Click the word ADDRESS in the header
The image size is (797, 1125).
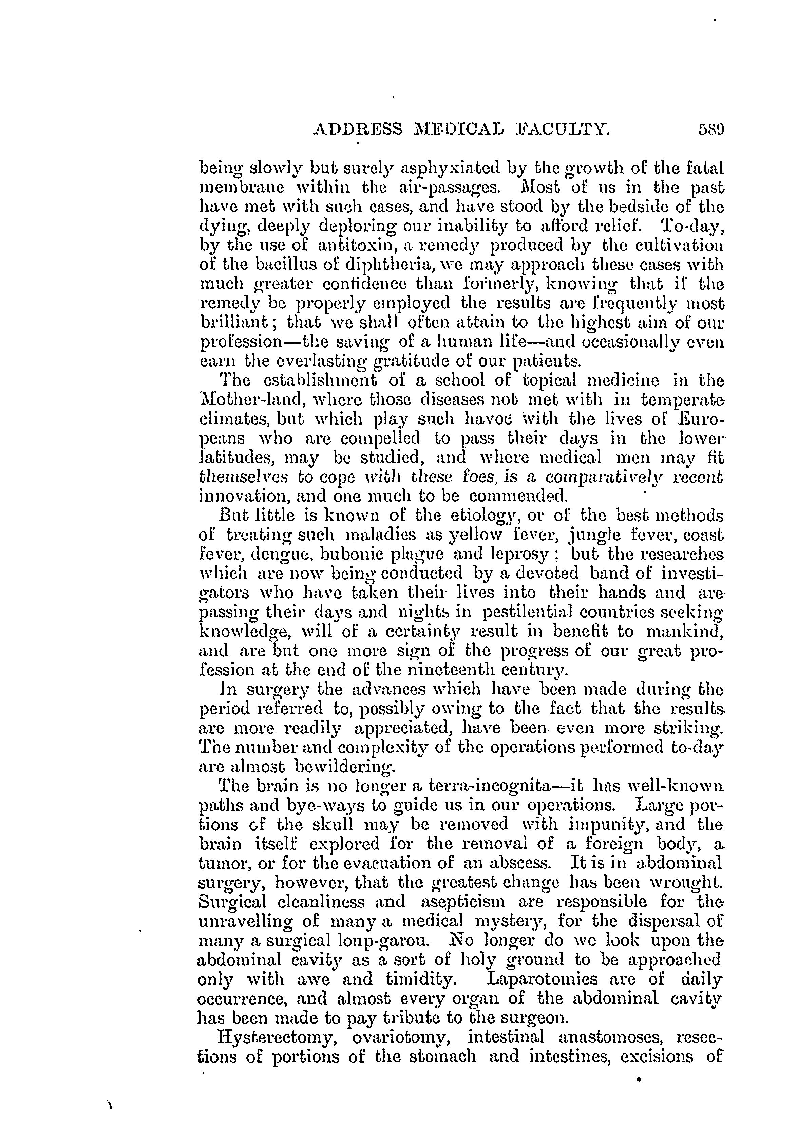(357, 130)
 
